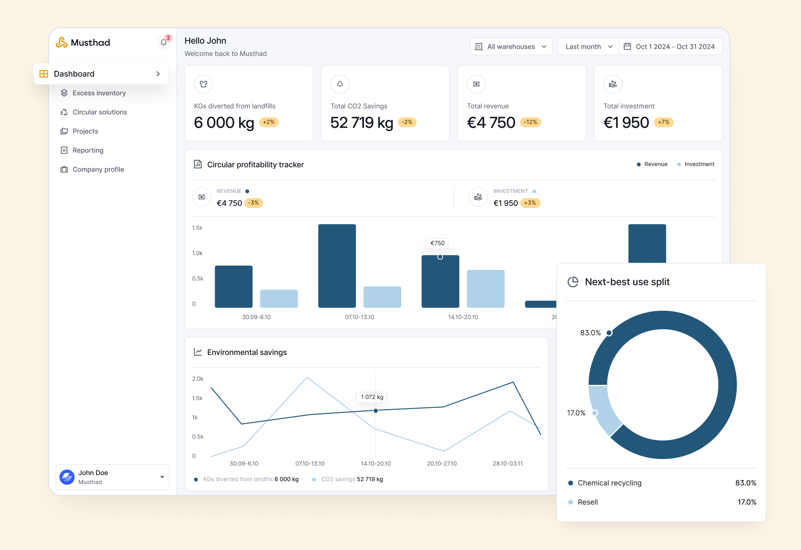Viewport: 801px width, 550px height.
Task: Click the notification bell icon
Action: click(x=163, y=42)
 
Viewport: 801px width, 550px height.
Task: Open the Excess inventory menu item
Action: click(x=99, y=93)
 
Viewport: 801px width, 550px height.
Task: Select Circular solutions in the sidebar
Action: click(x=100, y=112)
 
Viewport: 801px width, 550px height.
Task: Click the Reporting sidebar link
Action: click(x=88, y=150)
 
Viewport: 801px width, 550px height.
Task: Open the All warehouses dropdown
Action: click(x=511, y=46)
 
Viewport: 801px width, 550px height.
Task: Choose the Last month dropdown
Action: click(x=588, y=46)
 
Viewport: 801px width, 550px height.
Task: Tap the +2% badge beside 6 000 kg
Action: click(x=269, y=122)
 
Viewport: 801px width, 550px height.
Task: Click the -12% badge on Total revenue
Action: click(x=530, y=122)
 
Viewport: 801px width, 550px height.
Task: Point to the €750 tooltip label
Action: click(x=437, y=243)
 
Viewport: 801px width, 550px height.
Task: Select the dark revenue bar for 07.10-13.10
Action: click(x=337, y=266)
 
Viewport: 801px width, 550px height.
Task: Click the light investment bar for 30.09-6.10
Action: click(x=279, y=298)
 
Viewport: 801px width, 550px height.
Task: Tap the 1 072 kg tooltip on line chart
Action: click(x=372, y=397)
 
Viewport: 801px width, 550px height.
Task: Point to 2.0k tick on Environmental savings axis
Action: click(x=198, y=379)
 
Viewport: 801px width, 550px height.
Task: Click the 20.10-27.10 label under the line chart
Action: click(x=442, y=463)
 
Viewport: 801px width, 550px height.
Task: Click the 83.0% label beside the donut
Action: click(x=590, y=333)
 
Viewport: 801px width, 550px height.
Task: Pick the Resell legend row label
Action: click(x=588, y=502)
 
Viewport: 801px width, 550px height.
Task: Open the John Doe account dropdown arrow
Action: click(x=162, y=477)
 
